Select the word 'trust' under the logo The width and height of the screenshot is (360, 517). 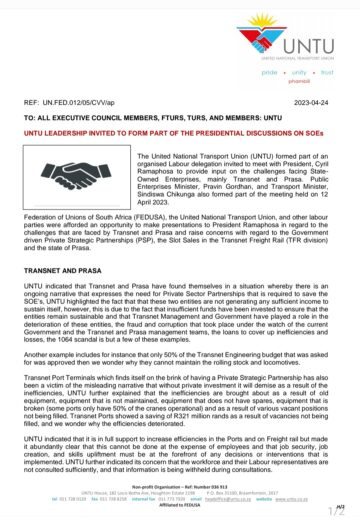pyautogui.click(x=326, y=74)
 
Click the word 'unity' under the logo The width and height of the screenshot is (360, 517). pyautogui.click(x=298, y=74)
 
